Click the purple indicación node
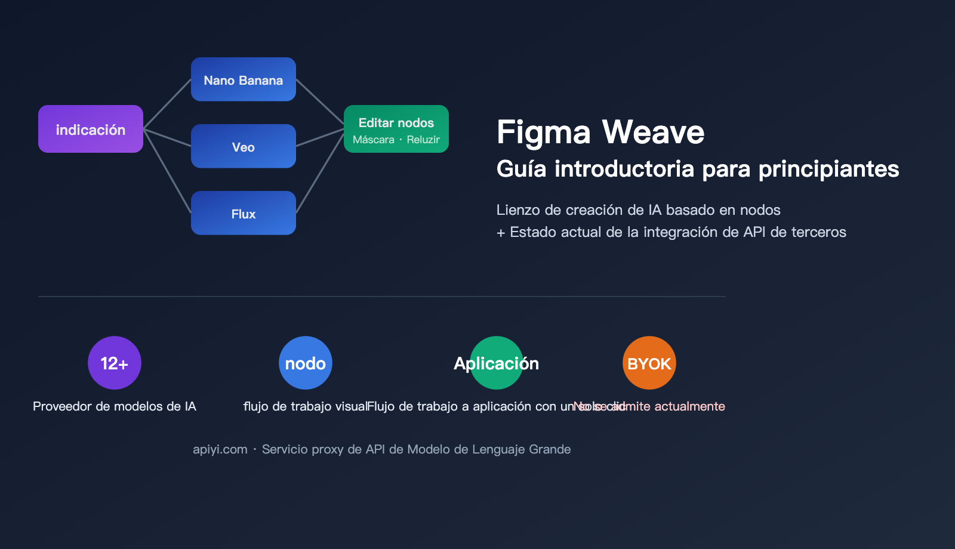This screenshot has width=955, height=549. point(91,129)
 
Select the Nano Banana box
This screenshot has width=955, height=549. point(244,79)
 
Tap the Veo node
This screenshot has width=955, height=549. point(244,146)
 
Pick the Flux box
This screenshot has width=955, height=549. point(244,213)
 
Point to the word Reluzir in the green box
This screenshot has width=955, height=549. point(423,140)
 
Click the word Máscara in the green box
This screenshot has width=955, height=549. point(374,140)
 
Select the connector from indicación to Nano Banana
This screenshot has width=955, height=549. point(167,104)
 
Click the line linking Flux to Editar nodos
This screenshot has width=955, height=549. point(320,173)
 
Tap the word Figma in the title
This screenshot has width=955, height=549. point(543,132)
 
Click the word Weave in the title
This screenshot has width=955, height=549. point(653,132)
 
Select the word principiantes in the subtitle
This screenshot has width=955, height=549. point(828,169)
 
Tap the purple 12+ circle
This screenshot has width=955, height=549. point(115,363)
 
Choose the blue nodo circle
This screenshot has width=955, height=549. point(306,363)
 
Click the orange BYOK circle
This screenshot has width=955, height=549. point(649,363)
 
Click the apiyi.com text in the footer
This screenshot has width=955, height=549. point(220,449)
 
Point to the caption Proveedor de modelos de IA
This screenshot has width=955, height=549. point(115,406)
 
